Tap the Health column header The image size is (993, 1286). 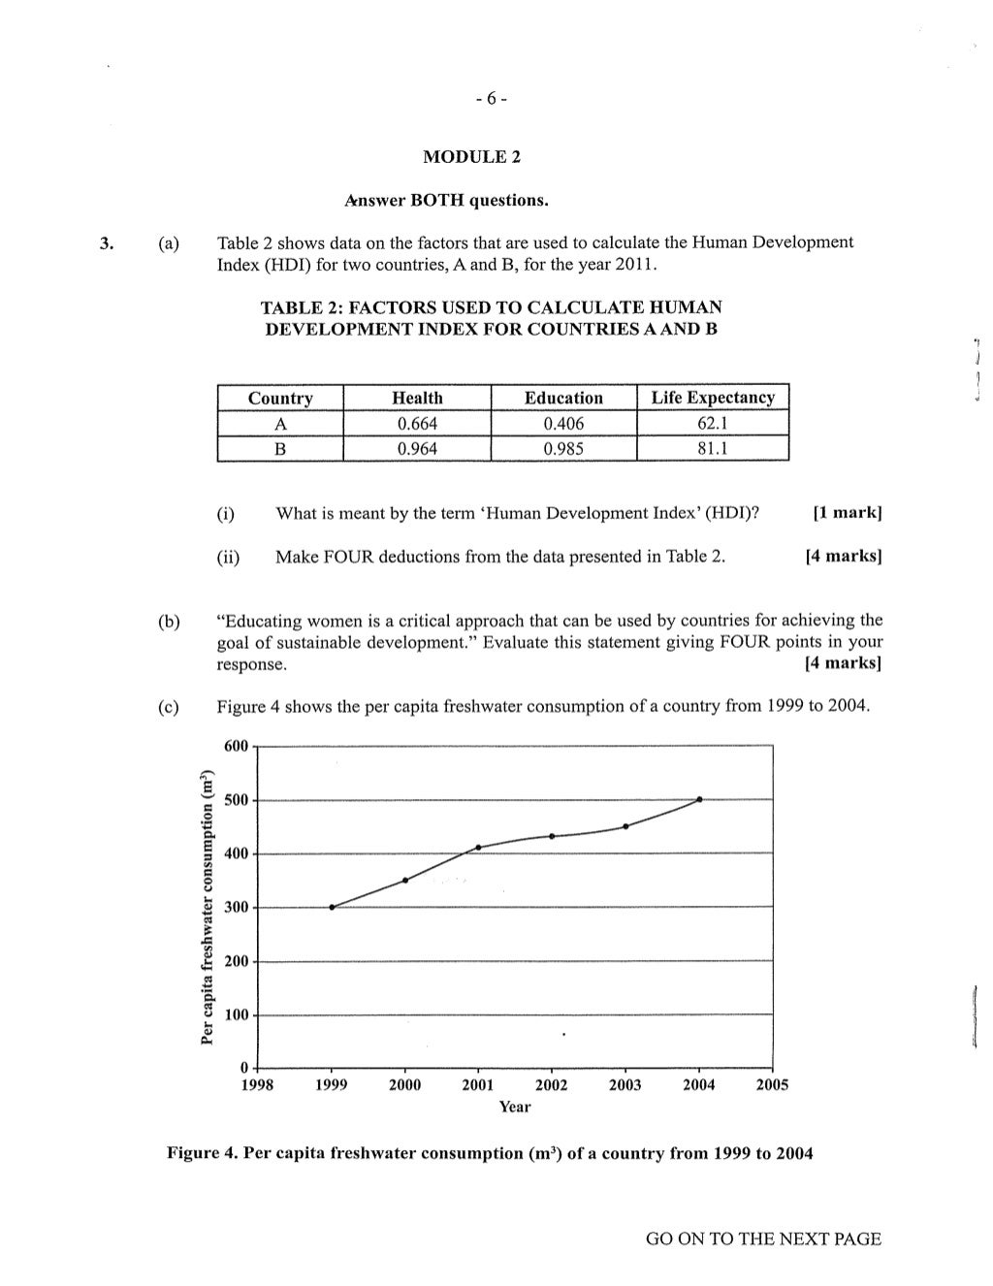tap(417, 398)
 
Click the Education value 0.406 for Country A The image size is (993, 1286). tap(563, 423)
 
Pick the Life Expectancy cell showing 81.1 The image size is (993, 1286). tap(713, 448)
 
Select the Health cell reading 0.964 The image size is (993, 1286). tap(417, 448)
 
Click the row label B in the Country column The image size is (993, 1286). tap(280, 448)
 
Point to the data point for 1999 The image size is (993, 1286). tap(332, 907)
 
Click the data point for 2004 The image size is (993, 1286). tap(699, 799)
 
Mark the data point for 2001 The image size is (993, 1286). tap(478, 848)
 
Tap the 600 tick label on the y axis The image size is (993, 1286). tap(236, 746)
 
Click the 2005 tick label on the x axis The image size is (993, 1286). tap(772, 1085)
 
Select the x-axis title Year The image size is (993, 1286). tap(514, 1107)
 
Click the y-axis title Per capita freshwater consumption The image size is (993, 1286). tap(206, 908)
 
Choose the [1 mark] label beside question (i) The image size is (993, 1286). tap(847, 513)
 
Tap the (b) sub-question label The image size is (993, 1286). tap(169, 622)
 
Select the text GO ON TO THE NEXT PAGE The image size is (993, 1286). tap(763, 1238)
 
